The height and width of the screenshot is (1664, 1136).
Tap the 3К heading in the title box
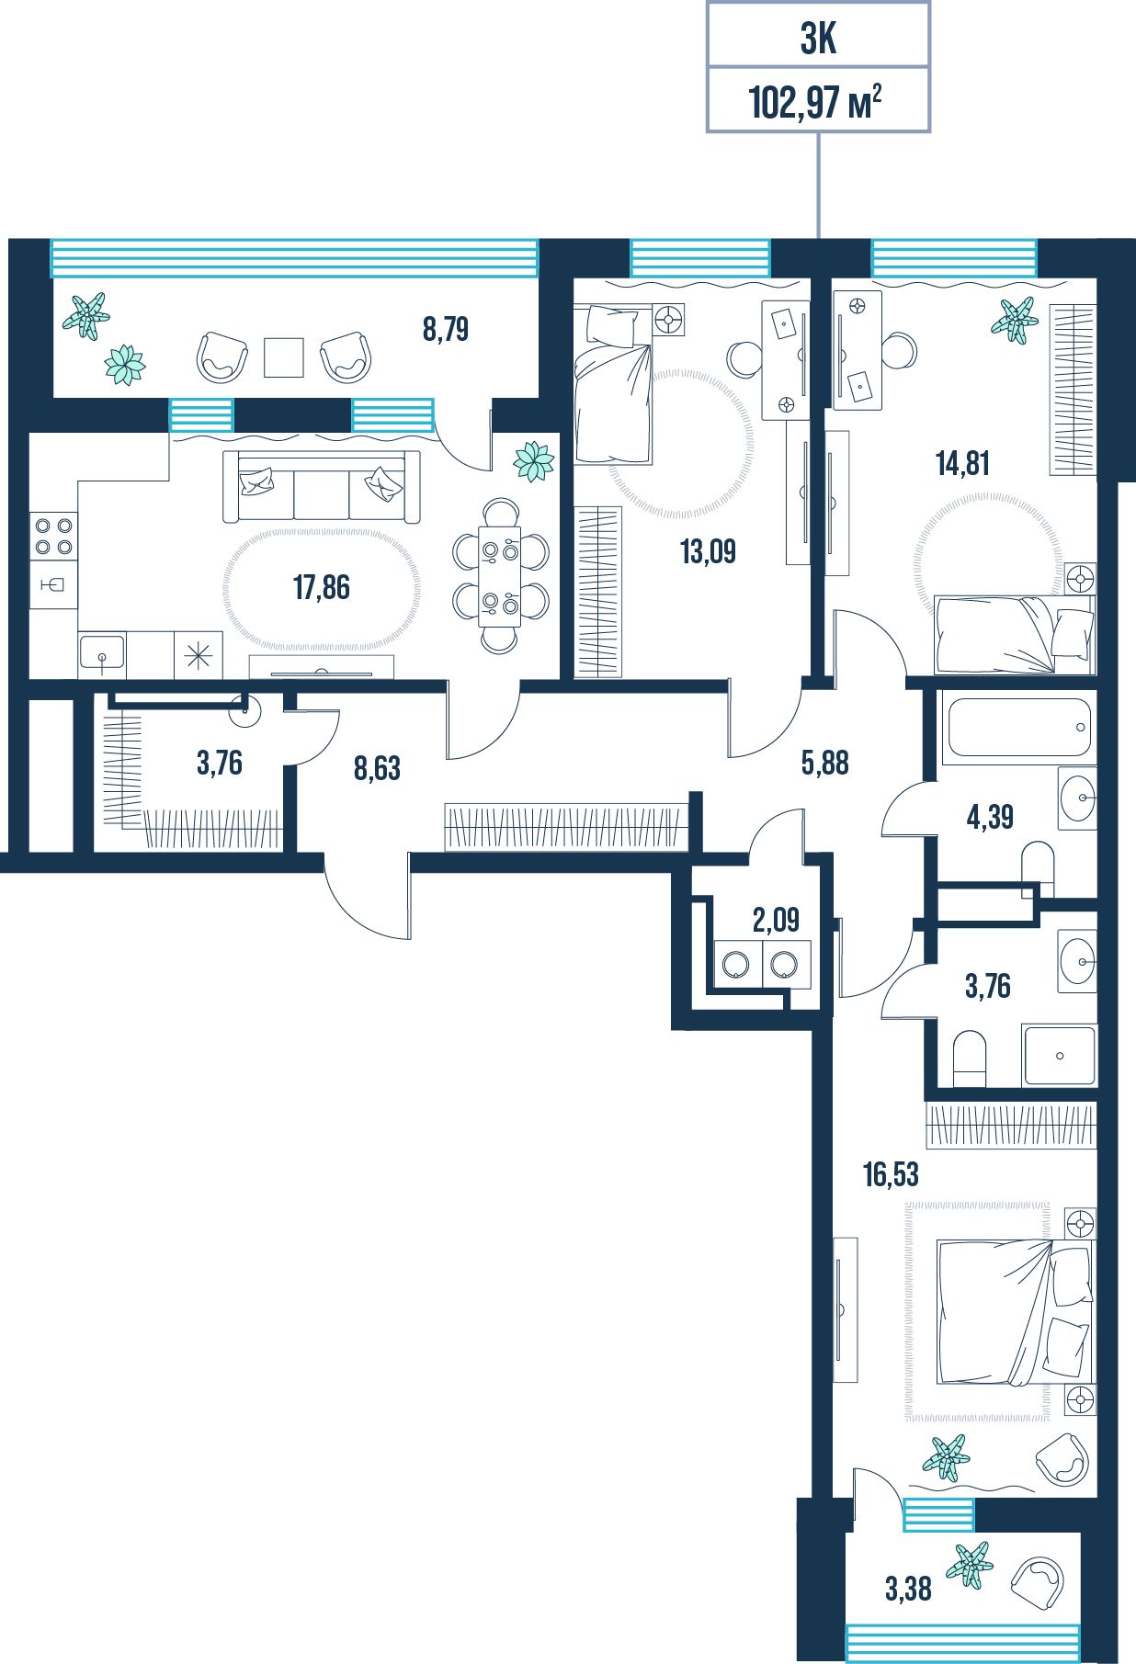pos(818,40)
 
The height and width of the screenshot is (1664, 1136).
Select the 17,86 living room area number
pos(321,587)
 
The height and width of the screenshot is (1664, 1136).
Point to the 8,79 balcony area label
pos(446,329)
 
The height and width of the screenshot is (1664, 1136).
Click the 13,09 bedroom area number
pos(708,551)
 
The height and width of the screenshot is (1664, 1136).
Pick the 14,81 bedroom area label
pos(962,464)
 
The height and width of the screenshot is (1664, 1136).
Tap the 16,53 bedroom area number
pos(891,1174)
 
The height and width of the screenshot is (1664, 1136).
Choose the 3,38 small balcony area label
pos(908,1588)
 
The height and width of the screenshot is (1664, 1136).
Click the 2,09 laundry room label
pos(776,919)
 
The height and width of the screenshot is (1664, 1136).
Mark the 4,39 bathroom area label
pos(990,816)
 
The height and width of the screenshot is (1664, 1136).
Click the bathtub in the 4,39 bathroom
pos(1019,728)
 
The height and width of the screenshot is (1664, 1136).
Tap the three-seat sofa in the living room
pos(321,487)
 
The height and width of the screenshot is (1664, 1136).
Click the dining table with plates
pos(500,576)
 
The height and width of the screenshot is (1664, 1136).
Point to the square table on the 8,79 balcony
pos(284,357)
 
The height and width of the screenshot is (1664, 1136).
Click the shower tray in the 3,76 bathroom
pos(1060,1056)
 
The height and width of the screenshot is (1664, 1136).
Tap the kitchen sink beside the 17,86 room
pos(102,655)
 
